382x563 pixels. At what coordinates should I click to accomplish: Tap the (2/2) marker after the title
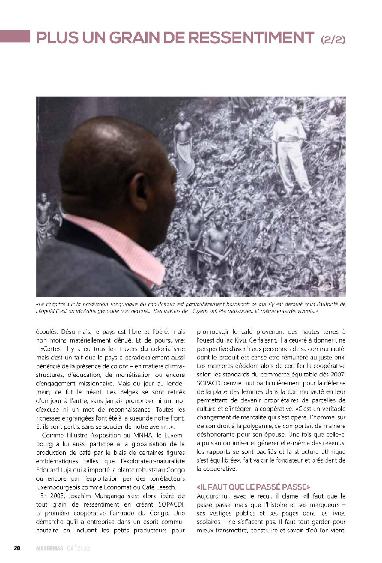333,39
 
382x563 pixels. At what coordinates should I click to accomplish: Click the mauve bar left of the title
15,36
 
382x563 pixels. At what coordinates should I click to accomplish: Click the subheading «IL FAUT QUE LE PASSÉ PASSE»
253,487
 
